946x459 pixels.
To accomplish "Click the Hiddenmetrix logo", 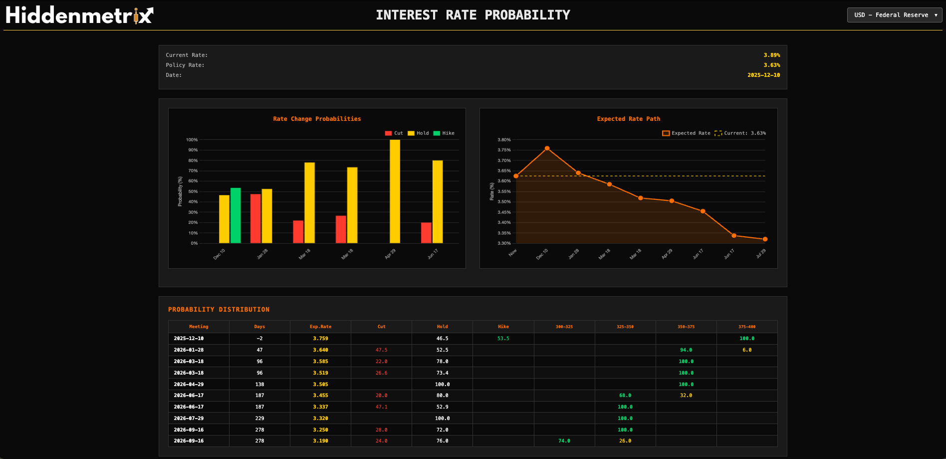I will pos(79,15).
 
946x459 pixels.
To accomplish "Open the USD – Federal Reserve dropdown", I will pos(895,15).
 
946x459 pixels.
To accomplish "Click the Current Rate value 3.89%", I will pos(771,55).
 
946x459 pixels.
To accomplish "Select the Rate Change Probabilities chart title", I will pos(317,119).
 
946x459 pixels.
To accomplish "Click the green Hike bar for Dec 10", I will pos(236,216).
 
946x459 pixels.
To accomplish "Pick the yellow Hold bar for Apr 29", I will pos(395,192).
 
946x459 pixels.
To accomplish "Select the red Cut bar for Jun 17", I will pos(426,233).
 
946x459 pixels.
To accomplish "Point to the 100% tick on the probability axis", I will pos(192,140).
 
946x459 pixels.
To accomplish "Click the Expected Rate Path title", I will pos(628,119).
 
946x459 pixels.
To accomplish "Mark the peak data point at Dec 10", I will pos(547,148).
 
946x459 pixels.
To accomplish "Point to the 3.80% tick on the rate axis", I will pos(504,140).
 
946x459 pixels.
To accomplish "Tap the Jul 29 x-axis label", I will pos(760,254).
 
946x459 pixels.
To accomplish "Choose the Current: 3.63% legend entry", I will pos(740,133).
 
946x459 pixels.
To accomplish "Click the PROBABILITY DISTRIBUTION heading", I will pos(219,310).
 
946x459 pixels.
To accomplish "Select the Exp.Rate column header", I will pos(320,327).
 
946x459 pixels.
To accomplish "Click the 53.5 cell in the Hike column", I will pos(503,339).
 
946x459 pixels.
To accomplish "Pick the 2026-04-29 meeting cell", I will pos(189,385).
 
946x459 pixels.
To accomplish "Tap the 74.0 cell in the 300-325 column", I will pos(564,441).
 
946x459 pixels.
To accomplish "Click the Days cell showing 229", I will pos(259,419).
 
